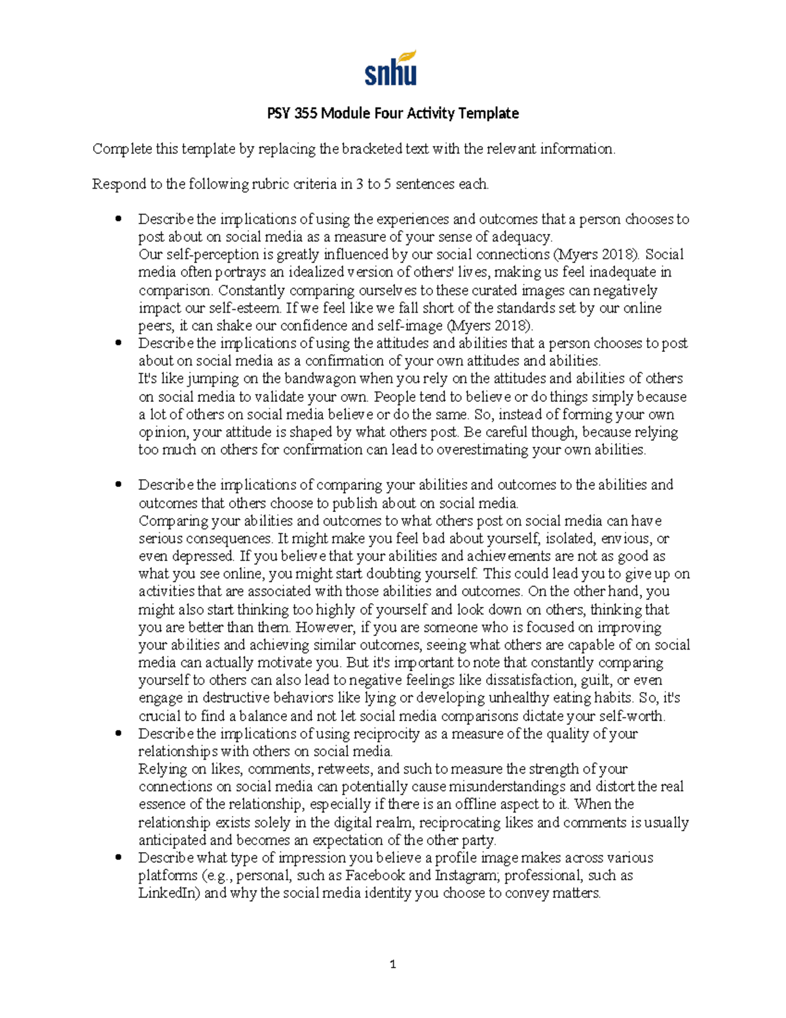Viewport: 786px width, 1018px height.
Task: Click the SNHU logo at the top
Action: click(390, 69)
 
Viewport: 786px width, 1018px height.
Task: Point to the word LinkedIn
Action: click(168, 893)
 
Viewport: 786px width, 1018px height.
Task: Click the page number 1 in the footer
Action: click(392, 964)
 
